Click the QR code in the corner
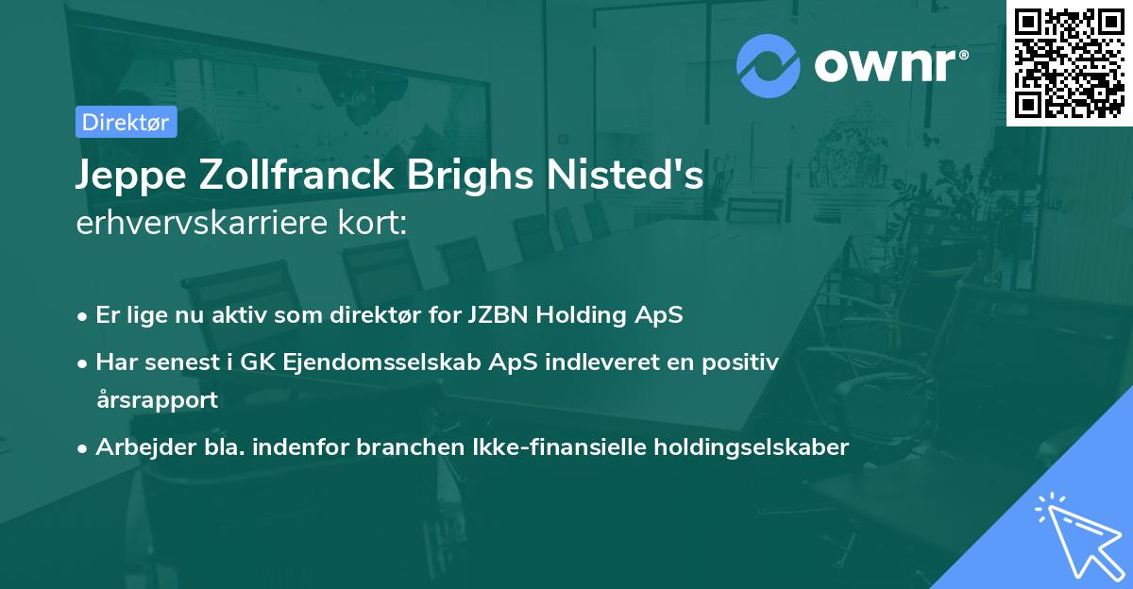[1070, 62]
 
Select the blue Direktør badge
[126, 122]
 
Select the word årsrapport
[157, 400]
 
